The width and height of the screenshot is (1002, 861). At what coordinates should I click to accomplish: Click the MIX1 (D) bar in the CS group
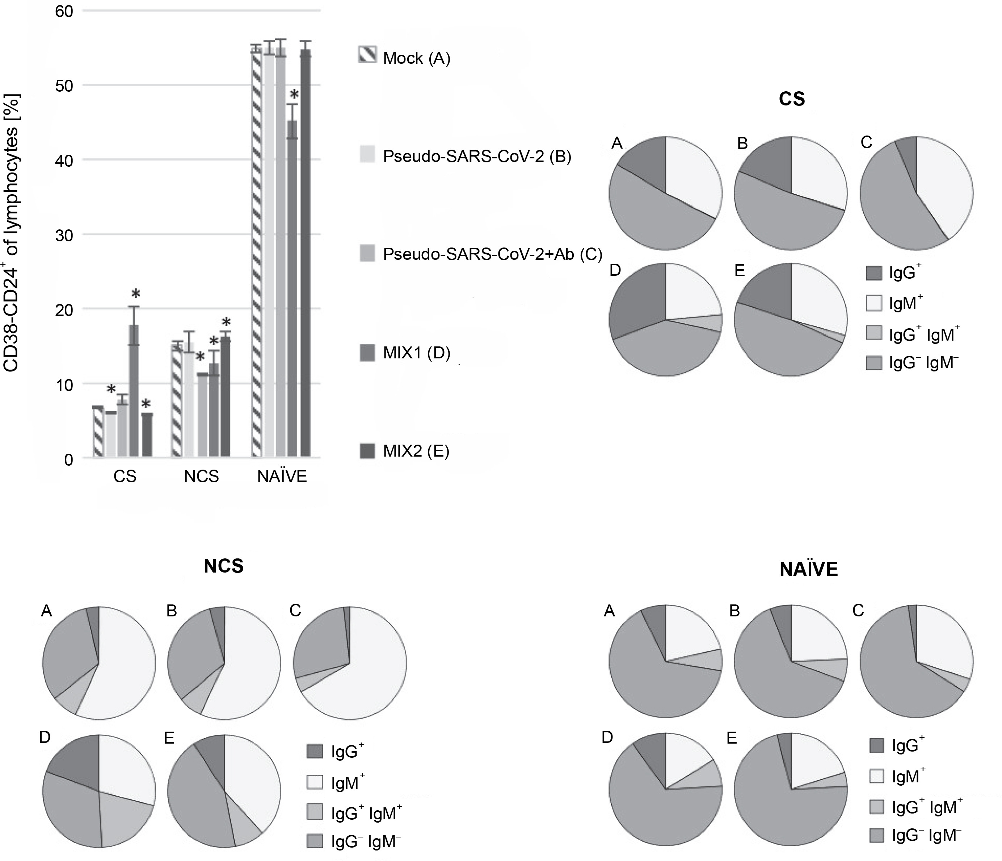click(134, 392)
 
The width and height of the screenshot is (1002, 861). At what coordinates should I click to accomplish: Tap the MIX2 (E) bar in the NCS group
click(226, 397)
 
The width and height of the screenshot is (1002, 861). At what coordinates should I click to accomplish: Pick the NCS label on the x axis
click(201, 477)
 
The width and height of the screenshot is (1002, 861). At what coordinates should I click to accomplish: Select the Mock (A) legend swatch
click(367, 55)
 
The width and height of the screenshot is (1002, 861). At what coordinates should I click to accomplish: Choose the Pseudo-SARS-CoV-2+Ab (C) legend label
click(492, 254)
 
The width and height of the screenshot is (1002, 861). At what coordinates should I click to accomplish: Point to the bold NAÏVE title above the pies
click(809, 570)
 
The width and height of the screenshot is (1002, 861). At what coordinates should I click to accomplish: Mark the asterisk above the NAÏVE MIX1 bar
click(294, 94)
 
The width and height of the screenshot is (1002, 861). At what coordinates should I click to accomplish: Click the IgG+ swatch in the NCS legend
click(315, 751)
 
